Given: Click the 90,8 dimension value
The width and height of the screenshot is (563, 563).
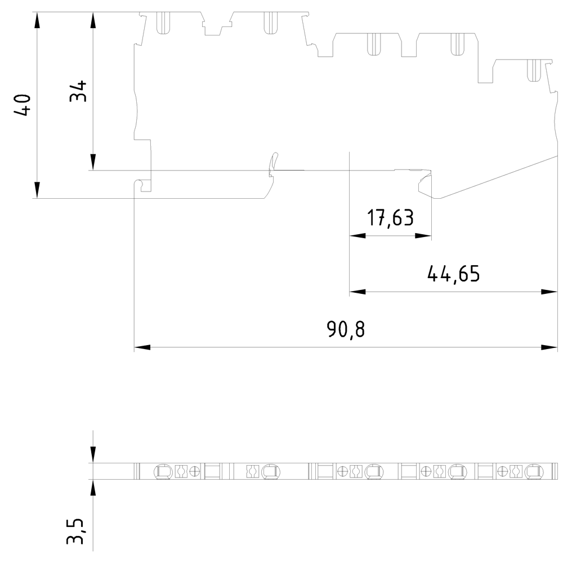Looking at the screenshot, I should (x=346, y=329).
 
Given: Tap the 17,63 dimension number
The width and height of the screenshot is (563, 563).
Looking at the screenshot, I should (x=390, y=218).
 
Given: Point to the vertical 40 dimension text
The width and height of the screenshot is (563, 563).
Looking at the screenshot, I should (x=23, y=105).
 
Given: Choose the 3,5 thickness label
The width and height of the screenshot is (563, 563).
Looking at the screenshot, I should (x=75, y=531).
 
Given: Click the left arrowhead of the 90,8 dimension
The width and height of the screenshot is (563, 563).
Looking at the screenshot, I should (x=142, y=347).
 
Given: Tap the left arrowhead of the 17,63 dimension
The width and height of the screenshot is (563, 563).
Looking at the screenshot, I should (x=357, y=236).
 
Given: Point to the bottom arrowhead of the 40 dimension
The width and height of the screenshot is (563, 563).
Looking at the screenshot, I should (x=37, y=190).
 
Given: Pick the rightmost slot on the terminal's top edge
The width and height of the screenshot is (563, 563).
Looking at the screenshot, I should (x=531, y=69).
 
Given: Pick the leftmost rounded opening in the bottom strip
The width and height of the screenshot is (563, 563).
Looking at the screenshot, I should (x=162, y=472).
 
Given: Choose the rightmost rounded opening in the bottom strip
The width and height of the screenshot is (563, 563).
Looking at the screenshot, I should (x=533, y=472).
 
